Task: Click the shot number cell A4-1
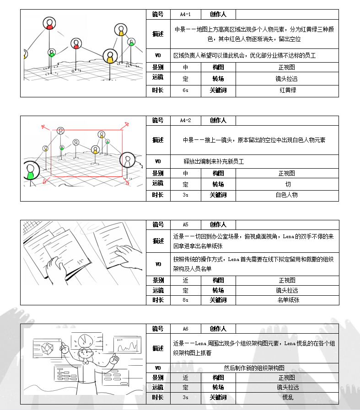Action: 185,15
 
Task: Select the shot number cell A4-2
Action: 185,121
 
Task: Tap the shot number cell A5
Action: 185,225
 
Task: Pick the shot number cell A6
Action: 185,329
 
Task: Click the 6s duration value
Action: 185,91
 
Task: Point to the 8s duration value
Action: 185,300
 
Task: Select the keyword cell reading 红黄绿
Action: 287,91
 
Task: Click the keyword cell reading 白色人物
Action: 287,195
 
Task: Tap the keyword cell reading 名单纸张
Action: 287,300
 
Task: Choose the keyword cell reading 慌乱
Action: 287,398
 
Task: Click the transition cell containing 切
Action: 287,185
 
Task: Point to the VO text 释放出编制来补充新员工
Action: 214,162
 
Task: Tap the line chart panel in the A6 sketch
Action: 127,346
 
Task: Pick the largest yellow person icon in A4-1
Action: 110,57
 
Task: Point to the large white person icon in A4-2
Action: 128,161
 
